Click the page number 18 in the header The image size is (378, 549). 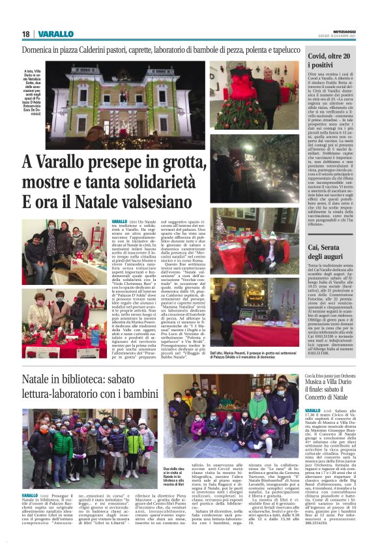pyautogui.click(x=26, y=34)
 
